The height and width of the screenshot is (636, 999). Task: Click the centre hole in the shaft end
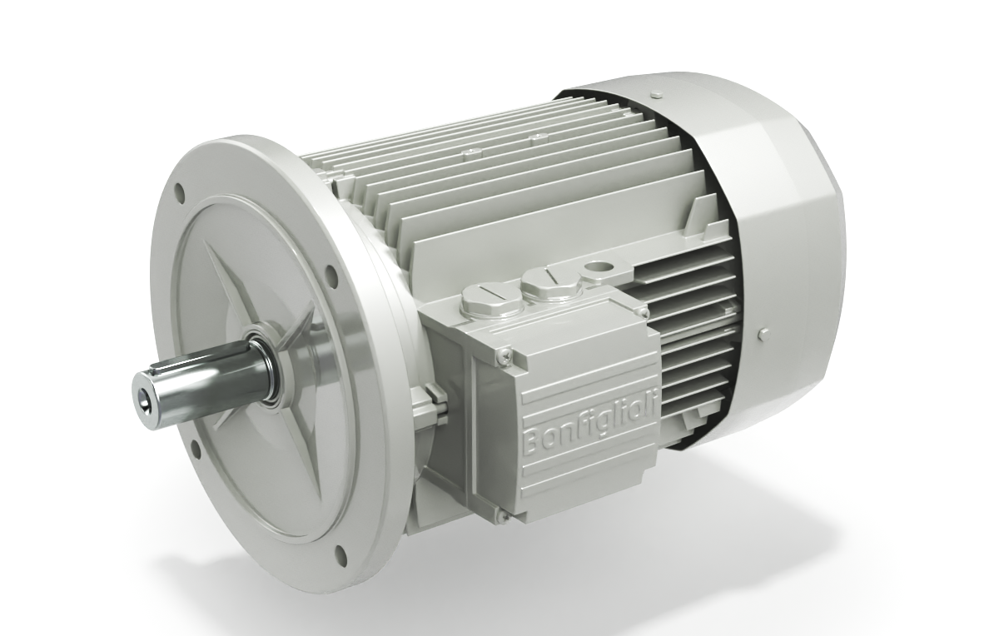tap(147, 391)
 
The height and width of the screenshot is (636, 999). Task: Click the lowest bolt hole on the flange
tap(340, 553)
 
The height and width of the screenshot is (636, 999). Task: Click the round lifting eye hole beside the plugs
tap(597, 270)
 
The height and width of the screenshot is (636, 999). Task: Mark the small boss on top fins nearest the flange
tap(473, 152)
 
